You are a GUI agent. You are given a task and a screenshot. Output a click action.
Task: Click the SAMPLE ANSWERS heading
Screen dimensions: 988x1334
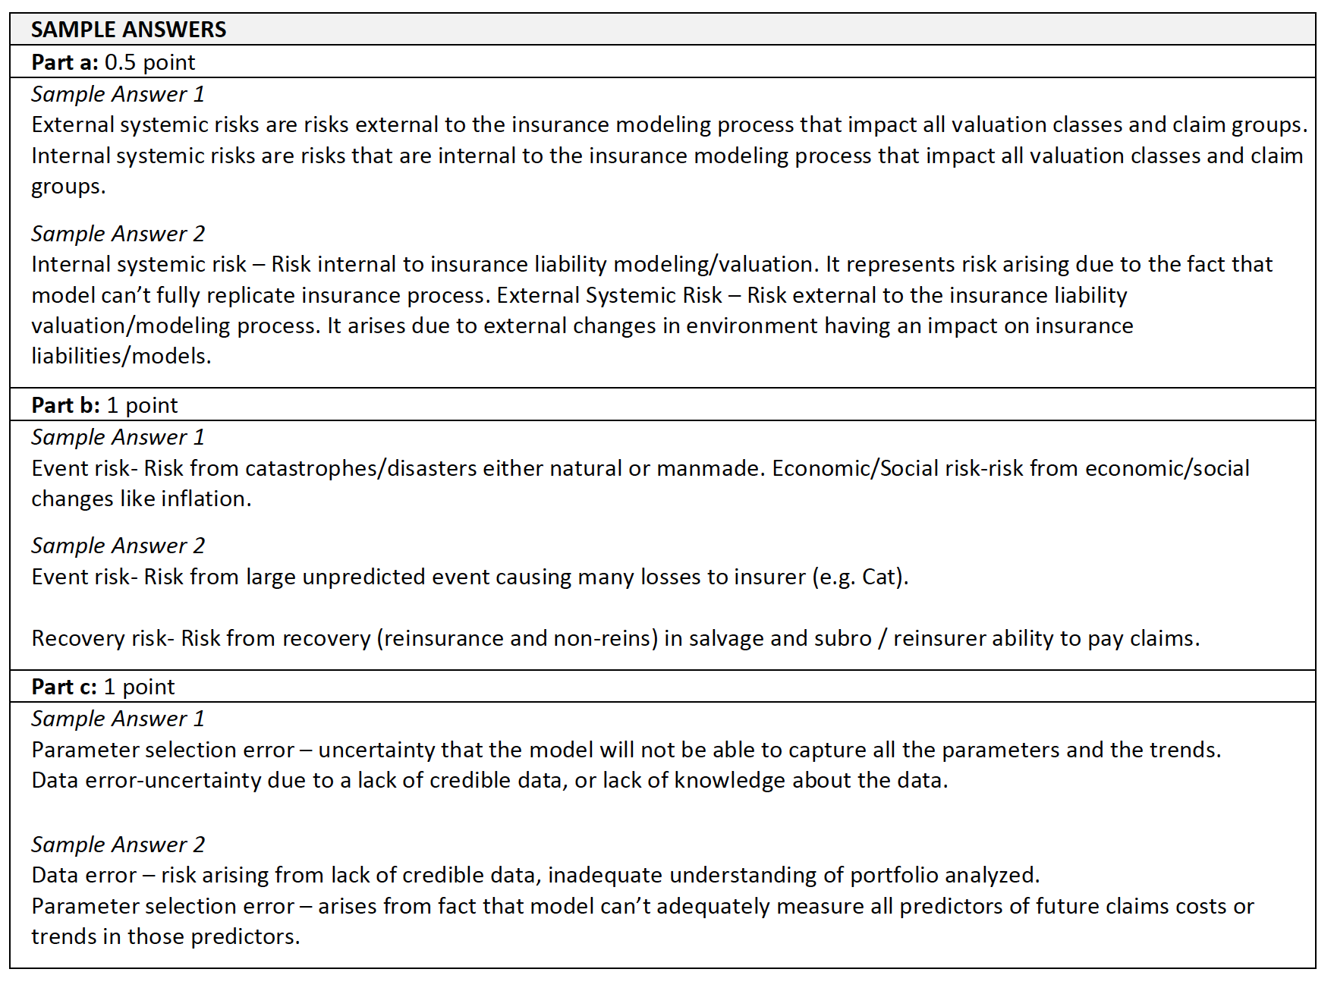point(128,30)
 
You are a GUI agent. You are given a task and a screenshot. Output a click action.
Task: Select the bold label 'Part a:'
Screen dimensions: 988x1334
point(64,62)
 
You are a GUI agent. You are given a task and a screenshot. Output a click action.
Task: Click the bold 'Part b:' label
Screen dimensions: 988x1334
point(65,405)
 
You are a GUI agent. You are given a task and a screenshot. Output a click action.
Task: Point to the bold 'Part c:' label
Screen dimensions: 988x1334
point(64,687)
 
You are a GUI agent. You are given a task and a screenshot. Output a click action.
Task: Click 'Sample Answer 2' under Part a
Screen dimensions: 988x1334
point(118,234)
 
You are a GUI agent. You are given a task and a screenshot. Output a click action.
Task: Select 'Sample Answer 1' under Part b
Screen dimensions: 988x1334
point(118,437)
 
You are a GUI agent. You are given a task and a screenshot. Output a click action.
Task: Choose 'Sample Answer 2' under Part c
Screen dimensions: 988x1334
point(118,845)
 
